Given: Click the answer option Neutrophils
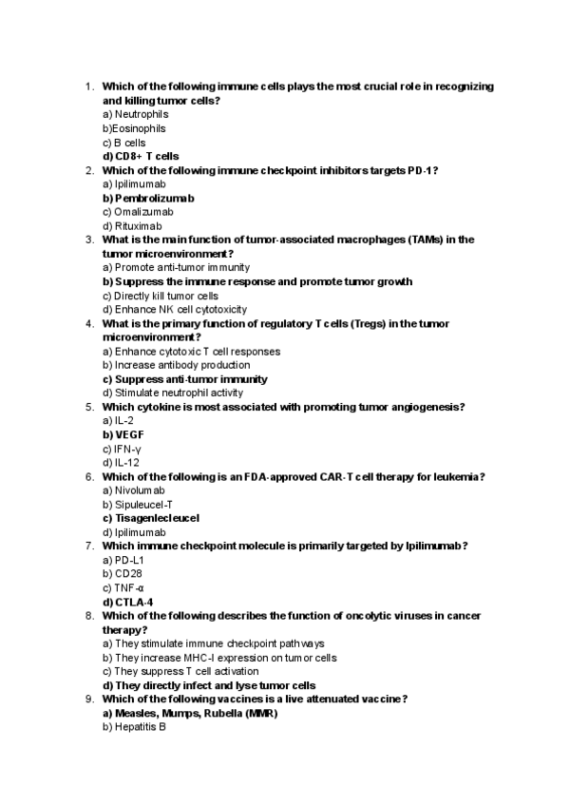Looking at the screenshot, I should [141, 114].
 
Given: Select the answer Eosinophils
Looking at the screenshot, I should [139, 128].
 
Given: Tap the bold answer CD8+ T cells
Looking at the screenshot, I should [146, 156].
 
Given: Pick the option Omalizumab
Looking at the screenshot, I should [142, 212].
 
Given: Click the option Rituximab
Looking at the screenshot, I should [139, 226].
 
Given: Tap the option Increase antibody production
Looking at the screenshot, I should [176, 365].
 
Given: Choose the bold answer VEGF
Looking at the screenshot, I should [129, 434].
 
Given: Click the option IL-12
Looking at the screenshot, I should [124, 462].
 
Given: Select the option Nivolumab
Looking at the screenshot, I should [141, 490].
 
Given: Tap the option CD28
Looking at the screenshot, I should [127, 574].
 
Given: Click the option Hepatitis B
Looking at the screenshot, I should [140, 727].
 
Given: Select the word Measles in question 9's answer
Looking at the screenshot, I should [136, 713].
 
